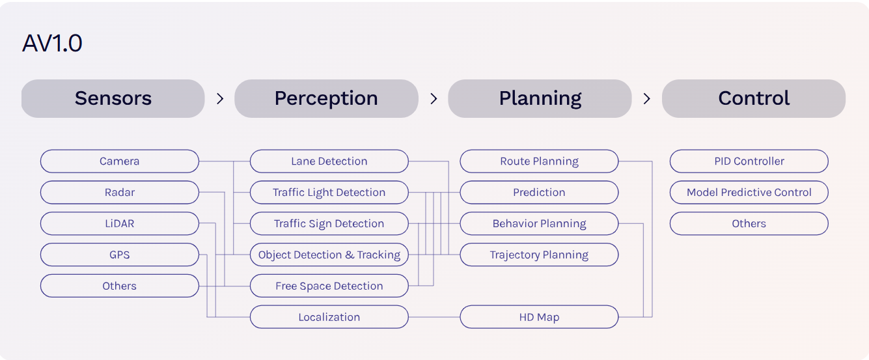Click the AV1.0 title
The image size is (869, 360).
click(x=52, y=44)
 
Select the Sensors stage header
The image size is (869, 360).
click(x=113, y=98)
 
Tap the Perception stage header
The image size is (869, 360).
click(x=326, y=98)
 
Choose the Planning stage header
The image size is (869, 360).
click(x=540, y=98)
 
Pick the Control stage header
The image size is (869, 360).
click(x=753, y=98)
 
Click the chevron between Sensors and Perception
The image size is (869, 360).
click(x=220, y=98)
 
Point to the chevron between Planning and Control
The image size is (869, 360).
click(x=646, y=98)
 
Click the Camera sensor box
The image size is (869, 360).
click(x=119, y=161)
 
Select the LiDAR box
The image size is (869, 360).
click(x=119, y=223)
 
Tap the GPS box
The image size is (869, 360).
click(x=119, y=255)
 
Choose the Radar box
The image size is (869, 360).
click(x=119, y=192)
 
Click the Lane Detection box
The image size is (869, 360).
click(x=329, y=161)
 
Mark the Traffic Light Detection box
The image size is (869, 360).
click(x=329, y=192)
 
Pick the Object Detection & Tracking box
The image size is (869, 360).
click(x=329, y=255)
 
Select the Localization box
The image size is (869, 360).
click(x=329, y=317)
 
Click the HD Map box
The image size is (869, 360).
click(x=539, y=317)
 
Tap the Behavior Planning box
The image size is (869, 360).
click(x=539, y=223)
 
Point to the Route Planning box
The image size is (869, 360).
click(x=539, y=161)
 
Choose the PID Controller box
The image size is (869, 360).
click(x=749, y=161)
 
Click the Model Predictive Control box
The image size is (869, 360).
click(x=749, y=192)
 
